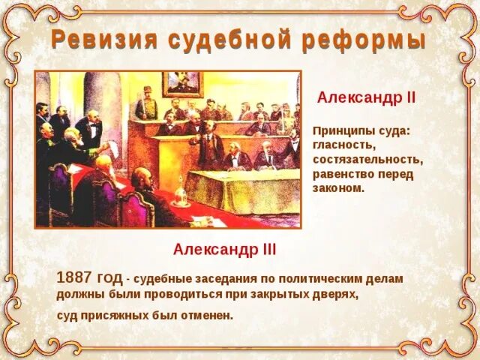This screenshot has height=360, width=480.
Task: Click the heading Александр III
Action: tap(224, 248)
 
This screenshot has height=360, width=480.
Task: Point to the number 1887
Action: tap(75, 277)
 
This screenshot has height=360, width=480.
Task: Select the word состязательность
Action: tap(367, 159)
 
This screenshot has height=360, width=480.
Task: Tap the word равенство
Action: tap(343, 174)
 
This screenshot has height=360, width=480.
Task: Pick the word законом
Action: tap(338, 188)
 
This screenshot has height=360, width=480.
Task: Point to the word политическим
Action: tap(322, 278)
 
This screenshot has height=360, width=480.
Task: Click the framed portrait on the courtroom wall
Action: tap(183, 84)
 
